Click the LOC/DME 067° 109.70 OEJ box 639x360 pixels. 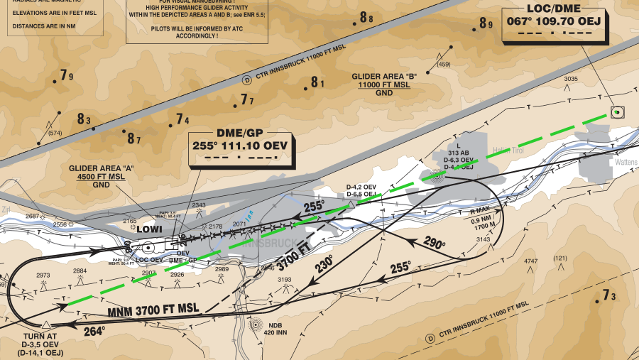click(x=554, y=21)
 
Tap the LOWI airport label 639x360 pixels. click(x=150, y=230)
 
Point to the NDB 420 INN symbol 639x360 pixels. click(x=256, y=325)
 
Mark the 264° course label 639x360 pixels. click(x=94, y=330)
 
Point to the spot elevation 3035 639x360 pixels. click(x=571, y=79)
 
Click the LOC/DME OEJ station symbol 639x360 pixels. click(x=617, y=111)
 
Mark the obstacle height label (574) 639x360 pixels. click(x=55, y=133)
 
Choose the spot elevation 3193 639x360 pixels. click(x=284, y=280)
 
